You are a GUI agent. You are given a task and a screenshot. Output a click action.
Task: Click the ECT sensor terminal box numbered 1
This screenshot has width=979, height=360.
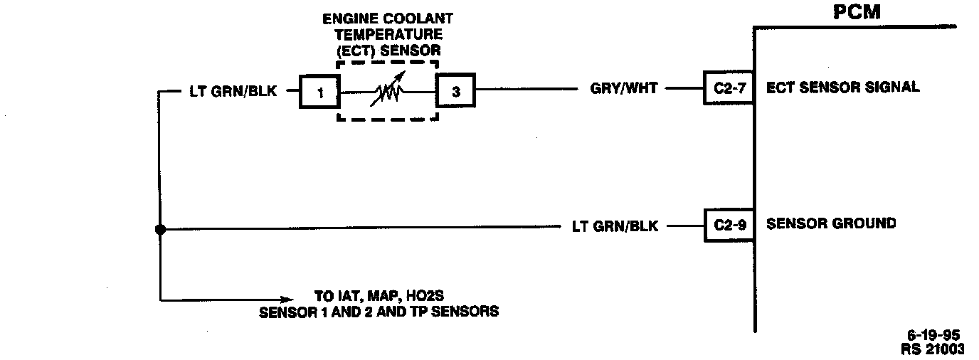[320, 91]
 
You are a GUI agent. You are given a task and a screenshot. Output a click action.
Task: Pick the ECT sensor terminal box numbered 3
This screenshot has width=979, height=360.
[455, 91]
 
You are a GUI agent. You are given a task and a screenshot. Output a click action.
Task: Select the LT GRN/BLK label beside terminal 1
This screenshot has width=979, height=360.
[238, 91]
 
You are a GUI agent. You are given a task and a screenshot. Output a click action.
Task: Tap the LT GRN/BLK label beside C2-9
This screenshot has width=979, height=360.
[615, 226]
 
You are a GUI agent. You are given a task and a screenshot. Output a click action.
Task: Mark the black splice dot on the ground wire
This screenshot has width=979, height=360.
[161, 229]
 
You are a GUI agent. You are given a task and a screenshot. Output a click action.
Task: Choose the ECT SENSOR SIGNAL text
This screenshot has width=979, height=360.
[842, 88]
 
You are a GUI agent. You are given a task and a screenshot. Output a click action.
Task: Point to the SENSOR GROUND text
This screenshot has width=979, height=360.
[830, 223]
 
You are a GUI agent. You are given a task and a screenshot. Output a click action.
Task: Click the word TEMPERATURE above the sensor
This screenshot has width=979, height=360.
[387, 34]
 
